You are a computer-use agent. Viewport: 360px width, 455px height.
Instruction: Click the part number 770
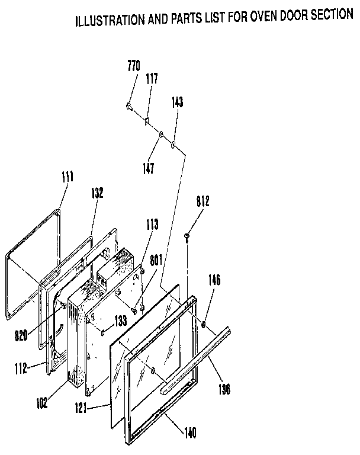click(133, 66)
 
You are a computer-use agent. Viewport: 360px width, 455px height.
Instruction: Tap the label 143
click(177, 102)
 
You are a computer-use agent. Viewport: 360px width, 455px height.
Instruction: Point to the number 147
click(149, 168)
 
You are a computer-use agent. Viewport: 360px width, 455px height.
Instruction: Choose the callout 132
click(98, 193)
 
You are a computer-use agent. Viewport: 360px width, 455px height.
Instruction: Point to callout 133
click(121, 321)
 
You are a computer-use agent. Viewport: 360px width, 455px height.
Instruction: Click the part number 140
click(191, 432)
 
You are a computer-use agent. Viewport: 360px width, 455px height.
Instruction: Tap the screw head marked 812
click(187, 237)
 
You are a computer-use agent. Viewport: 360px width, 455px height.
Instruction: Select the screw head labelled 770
click(128, 106)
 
